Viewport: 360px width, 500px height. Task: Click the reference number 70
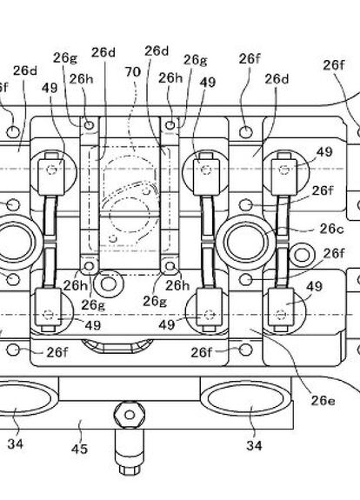click(x=133, y=72)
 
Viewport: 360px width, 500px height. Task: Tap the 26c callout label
click(x=332, y=229)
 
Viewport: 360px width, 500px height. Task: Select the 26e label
click(x=323, y=401)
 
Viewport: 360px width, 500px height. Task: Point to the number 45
click(x=79, y=449)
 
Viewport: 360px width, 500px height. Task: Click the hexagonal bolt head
click(x=130, y=415)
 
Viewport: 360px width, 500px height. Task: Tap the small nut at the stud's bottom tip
click(x=130, y=469)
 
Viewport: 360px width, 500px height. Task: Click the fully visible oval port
click(x=245, y=399)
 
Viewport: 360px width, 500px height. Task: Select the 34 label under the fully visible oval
click(x=254, y=445)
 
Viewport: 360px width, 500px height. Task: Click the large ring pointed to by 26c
click(x=245, y=242)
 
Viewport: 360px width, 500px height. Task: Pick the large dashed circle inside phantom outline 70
click(x=130, y=215)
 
